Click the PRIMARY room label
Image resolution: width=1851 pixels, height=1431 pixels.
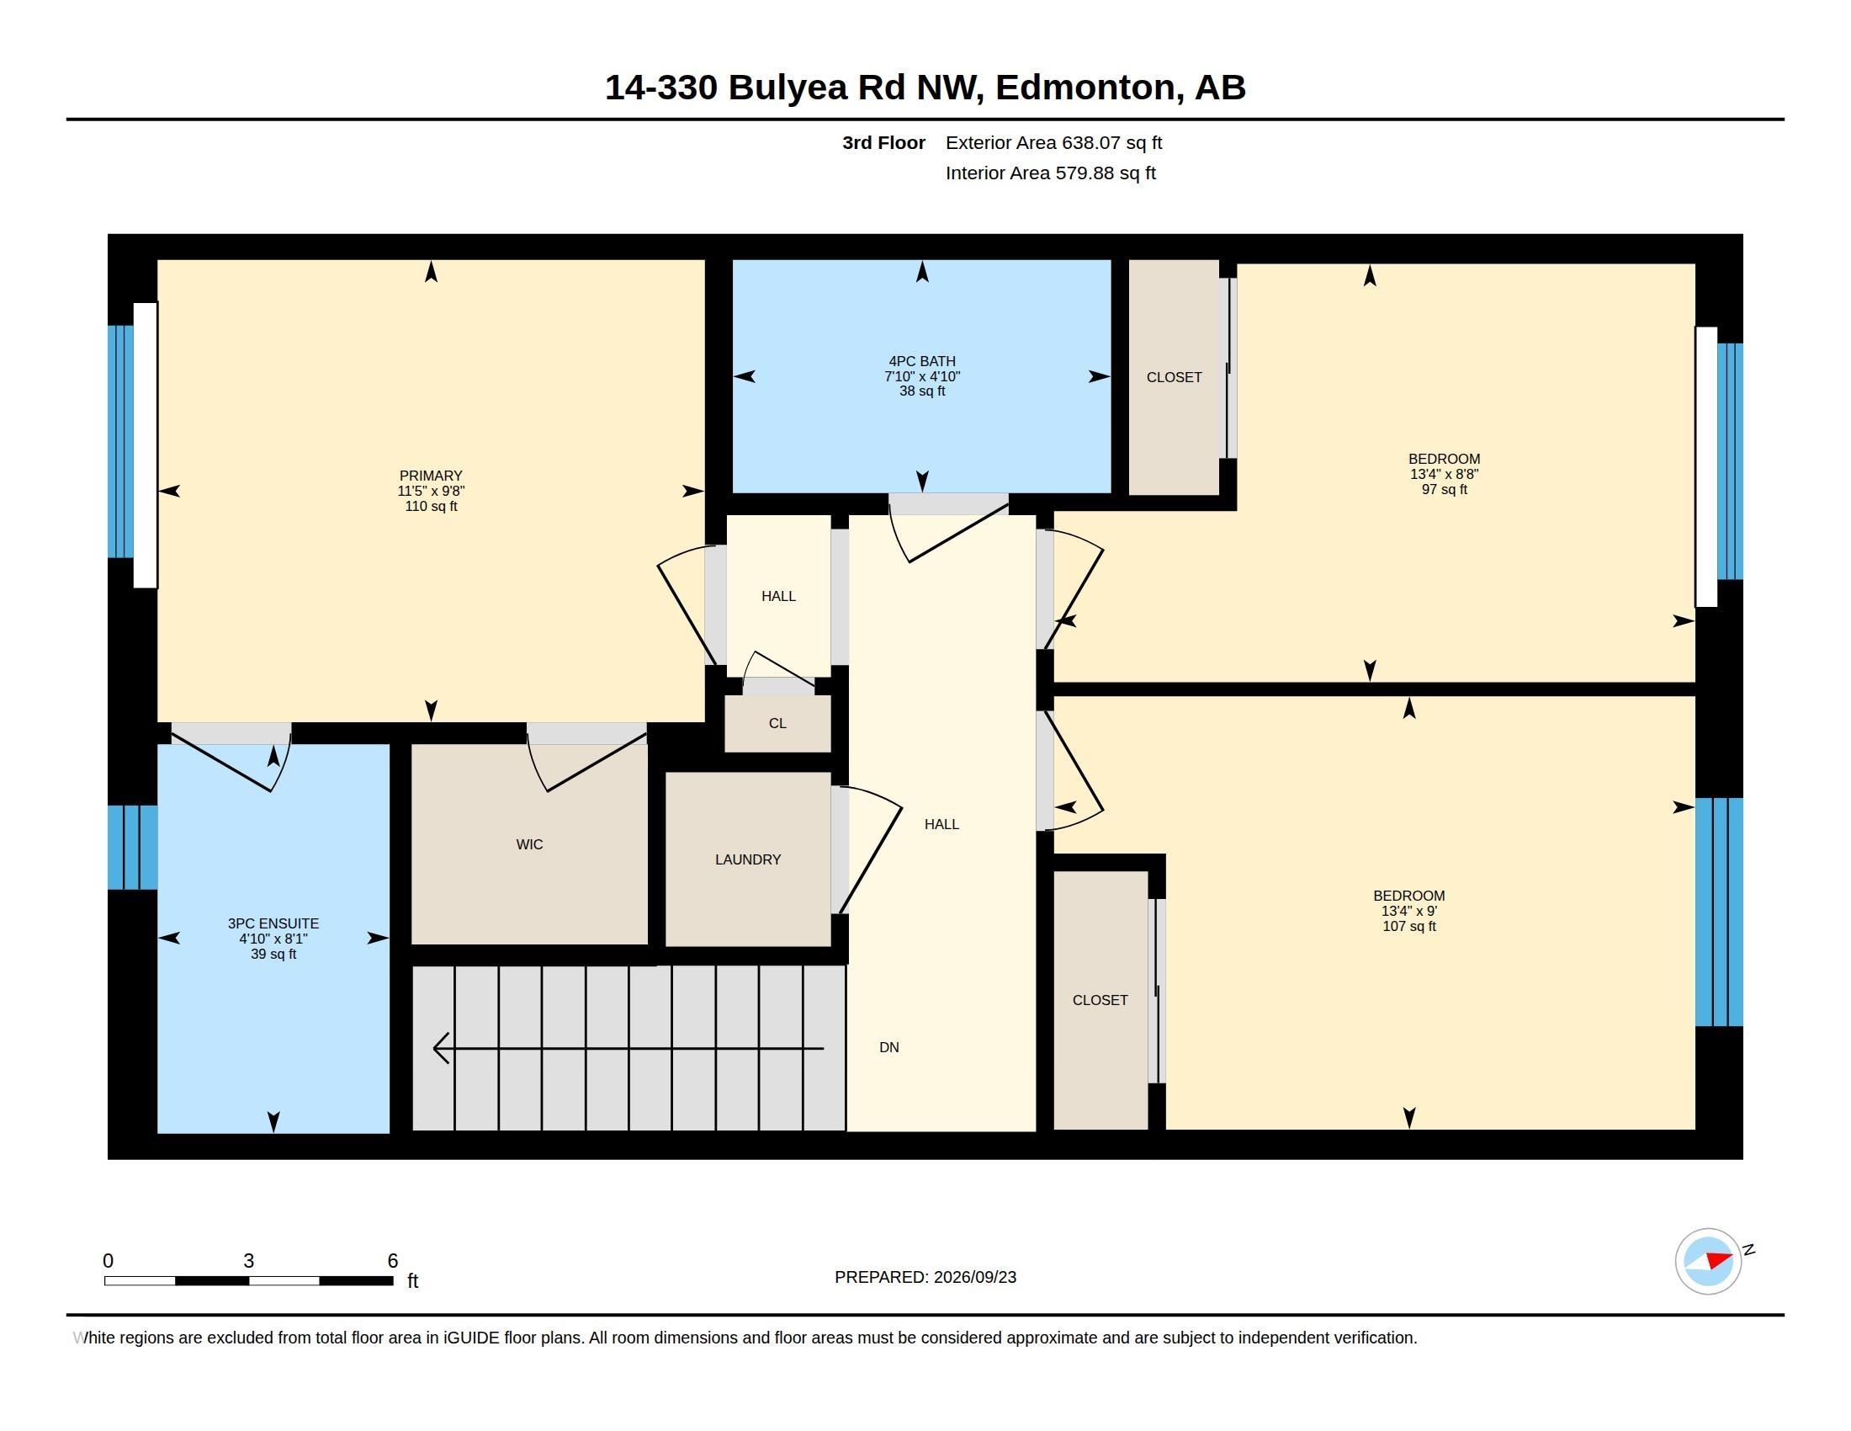[431, 476]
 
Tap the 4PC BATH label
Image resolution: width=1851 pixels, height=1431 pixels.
[922, 361]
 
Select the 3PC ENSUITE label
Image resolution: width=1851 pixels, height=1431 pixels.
[273, 923]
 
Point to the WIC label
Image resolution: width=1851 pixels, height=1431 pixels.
[530, 844]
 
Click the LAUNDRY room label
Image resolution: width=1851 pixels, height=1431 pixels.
[747, 859]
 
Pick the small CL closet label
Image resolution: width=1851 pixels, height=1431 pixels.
[777, 723]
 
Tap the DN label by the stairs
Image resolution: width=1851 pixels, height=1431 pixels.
[889, 1047]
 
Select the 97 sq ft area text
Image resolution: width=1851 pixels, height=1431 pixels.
[1444, 489]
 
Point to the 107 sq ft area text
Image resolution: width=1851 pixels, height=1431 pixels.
[1408, 926]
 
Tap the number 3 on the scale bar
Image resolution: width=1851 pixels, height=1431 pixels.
[248, 1261]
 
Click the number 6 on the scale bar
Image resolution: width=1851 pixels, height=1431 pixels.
[392, 1261]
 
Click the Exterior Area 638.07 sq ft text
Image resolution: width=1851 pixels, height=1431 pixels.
[1053, 142]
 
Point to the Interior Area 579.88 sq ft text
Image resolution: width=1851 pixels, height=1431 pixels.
[1050, 173]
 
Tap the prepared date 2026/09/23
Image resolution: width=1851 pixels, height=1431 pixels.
[974, 1277]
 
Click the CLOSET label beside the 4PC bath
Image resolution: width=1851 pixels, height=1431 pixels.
[1174, 377]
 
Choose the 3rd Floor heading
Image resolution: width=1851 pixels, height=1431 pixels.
[883, 142]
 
